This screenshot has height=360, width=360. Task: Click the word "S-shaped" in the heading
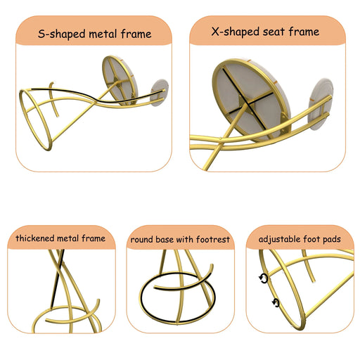tap(61, 34)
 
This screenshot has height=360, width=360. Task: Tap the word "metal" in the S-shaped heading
tap(103, 34)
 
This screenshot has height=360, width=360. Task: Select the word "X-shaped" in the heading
tap(235, 32)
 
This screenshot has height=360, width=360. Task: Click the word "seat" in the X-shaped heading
tap(274, 32)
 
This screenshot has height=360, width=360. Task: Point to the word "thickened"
tap(35, 238)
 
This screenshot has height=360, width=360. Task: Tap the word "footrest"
tap(213, 240)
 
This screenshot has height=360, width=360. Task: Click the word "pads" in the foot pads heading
tap(332, 240)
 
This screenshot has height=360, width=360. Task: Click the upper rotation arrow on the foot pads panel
tap(264, 278)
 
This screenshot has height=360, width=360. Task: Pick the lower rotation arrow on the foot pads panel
tap(276, 302)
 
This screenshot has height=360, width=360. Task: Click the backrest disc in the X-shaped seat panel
tap(321, 103)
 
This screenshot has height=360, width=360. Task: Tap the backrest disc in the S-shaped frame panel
tap(160, 92)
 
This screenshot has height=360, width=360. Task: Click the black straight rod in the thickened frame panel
tap(58, 278)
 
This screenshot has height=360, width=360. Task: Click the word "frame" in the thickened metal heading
tap(94, 238)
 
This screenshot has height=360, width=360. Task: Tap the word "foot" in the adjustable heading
tap(311, 239)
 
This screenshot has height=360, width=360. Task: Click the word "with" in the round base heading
tap(184, 240)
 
